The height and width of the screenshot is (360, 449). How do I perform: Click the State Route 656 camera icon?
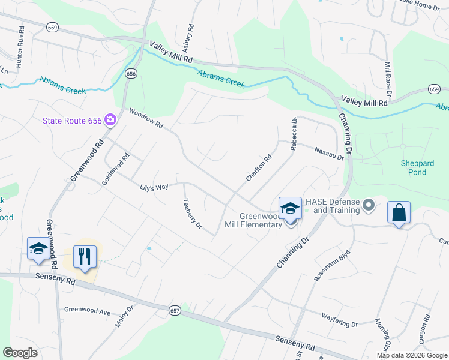pyautogui.click(x=110, y=120)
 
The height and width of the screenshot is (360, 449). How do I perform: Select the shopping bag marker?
pyautogui.click(x=399, y=212)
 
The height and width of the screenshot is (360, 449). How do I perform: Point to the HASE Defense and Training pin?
pyautogui.click(x=369, y=206)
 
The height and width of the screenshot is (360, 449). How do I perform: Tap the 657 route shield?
pyautogui.click(x=175, y=310)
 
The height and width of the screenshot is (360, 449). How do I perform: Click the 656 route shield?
pyautogui.click(x=130, y=73)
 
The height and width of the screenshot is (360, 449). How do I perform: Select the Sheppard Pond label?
pyautogui.click(x=414, y=168)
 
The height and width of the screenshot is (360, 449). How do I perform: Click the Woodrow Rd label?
pyautogui.click(x=146, y=118)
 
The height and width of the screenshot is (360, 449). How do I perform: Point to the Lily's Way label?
pyautogui.click(x=154, y=188)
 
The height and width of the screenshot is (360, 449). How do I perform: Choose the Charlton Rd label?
pyautogui.click(x=259, y=168)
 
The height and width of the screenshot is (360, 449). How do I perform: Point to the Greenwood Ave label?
pyautogui.click(x=88, y=311)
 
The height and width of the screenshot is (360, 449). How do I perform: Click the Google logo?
pyautogui.click(x=20, y=352)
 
